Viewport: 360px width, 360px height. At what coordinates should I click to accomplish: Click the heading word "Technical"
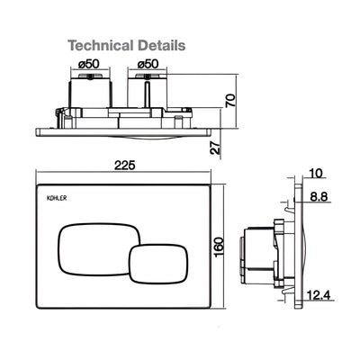pos(101,43)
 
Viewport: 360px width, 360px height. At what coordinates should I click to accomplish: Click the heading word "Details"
pos(160,43)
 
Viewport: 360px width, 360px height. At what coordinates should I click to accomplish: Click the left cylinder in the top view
pos(89,90)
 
